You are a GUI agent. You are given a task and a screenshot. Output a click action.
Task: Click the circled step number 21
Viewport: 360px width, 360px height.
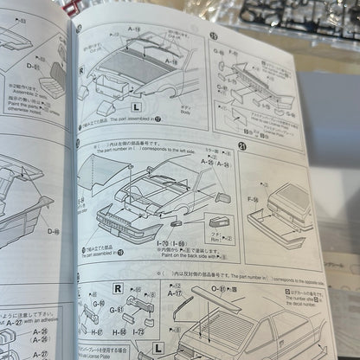241,147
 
